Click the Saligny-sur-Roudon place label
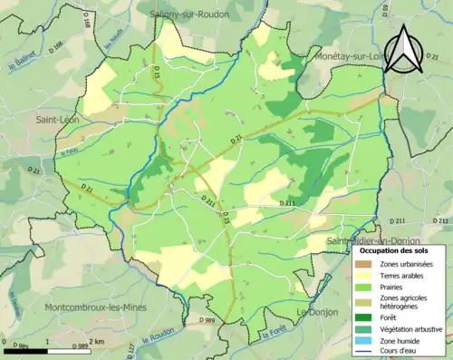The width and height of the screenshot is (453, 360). coord(190,15)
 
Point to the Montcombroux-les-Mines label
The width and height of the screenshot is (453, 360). coord(97,307)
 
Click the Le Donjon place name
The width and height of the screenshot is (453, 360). coord(317,312)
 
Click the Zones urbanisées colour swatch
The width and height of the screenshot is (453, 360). coord(362,264)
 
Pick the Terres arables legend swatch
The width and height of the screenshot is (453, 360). coord(362,276)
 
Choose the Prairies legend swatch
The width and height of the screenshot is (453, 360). coord(362,287)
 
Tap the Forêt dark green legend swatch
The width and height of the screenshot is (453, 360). coord(362,316)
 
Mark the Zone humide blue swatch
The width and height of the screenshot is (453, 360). coord(362,339)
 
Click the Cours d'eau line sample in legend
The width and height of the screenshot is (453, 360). coord(362,350)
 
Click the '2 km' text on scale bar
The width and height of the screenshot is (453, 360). coord(99,342)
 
